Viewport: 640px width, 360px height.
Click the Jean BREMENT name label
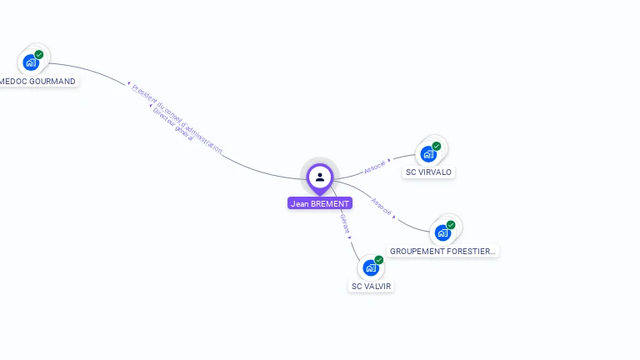320,203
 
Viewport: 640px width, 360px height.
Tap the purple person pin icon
320,177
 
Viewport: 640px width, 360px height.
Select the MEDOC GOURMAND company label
37,82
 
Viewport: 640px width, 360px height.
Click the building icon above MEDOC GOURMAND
32,62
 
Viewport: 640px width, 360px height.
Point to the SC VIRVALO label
428,172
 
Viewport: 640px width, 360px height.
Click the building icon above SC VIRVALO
429,153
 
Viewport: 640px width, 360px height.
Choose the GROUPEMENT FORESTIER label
442,251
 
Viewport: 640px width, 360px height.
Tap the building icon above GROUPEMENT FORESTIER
443,232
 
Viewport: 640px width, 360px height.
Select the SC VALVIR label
371,286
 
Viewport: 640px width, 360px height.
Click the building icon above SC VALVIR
371,267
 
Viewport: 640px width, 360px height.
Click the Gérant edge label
345,223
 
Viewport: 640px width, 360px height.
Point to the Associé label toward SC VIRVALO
375,166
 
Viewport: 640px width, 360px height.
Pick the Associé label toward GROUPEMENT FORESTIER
382,207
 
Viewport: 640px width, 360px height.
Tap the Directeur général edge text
172,124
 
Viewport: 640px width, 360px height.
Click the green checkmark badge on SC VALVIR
379,260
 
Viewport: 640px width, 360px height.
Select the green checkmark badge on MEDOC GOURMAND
39,55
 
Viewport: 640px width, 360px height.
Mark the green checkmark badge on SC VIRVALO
437,147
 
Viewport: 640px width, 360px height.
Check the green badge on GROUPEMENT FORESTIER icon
451,225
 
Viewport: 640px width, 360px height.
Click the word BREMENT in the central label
330,203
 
